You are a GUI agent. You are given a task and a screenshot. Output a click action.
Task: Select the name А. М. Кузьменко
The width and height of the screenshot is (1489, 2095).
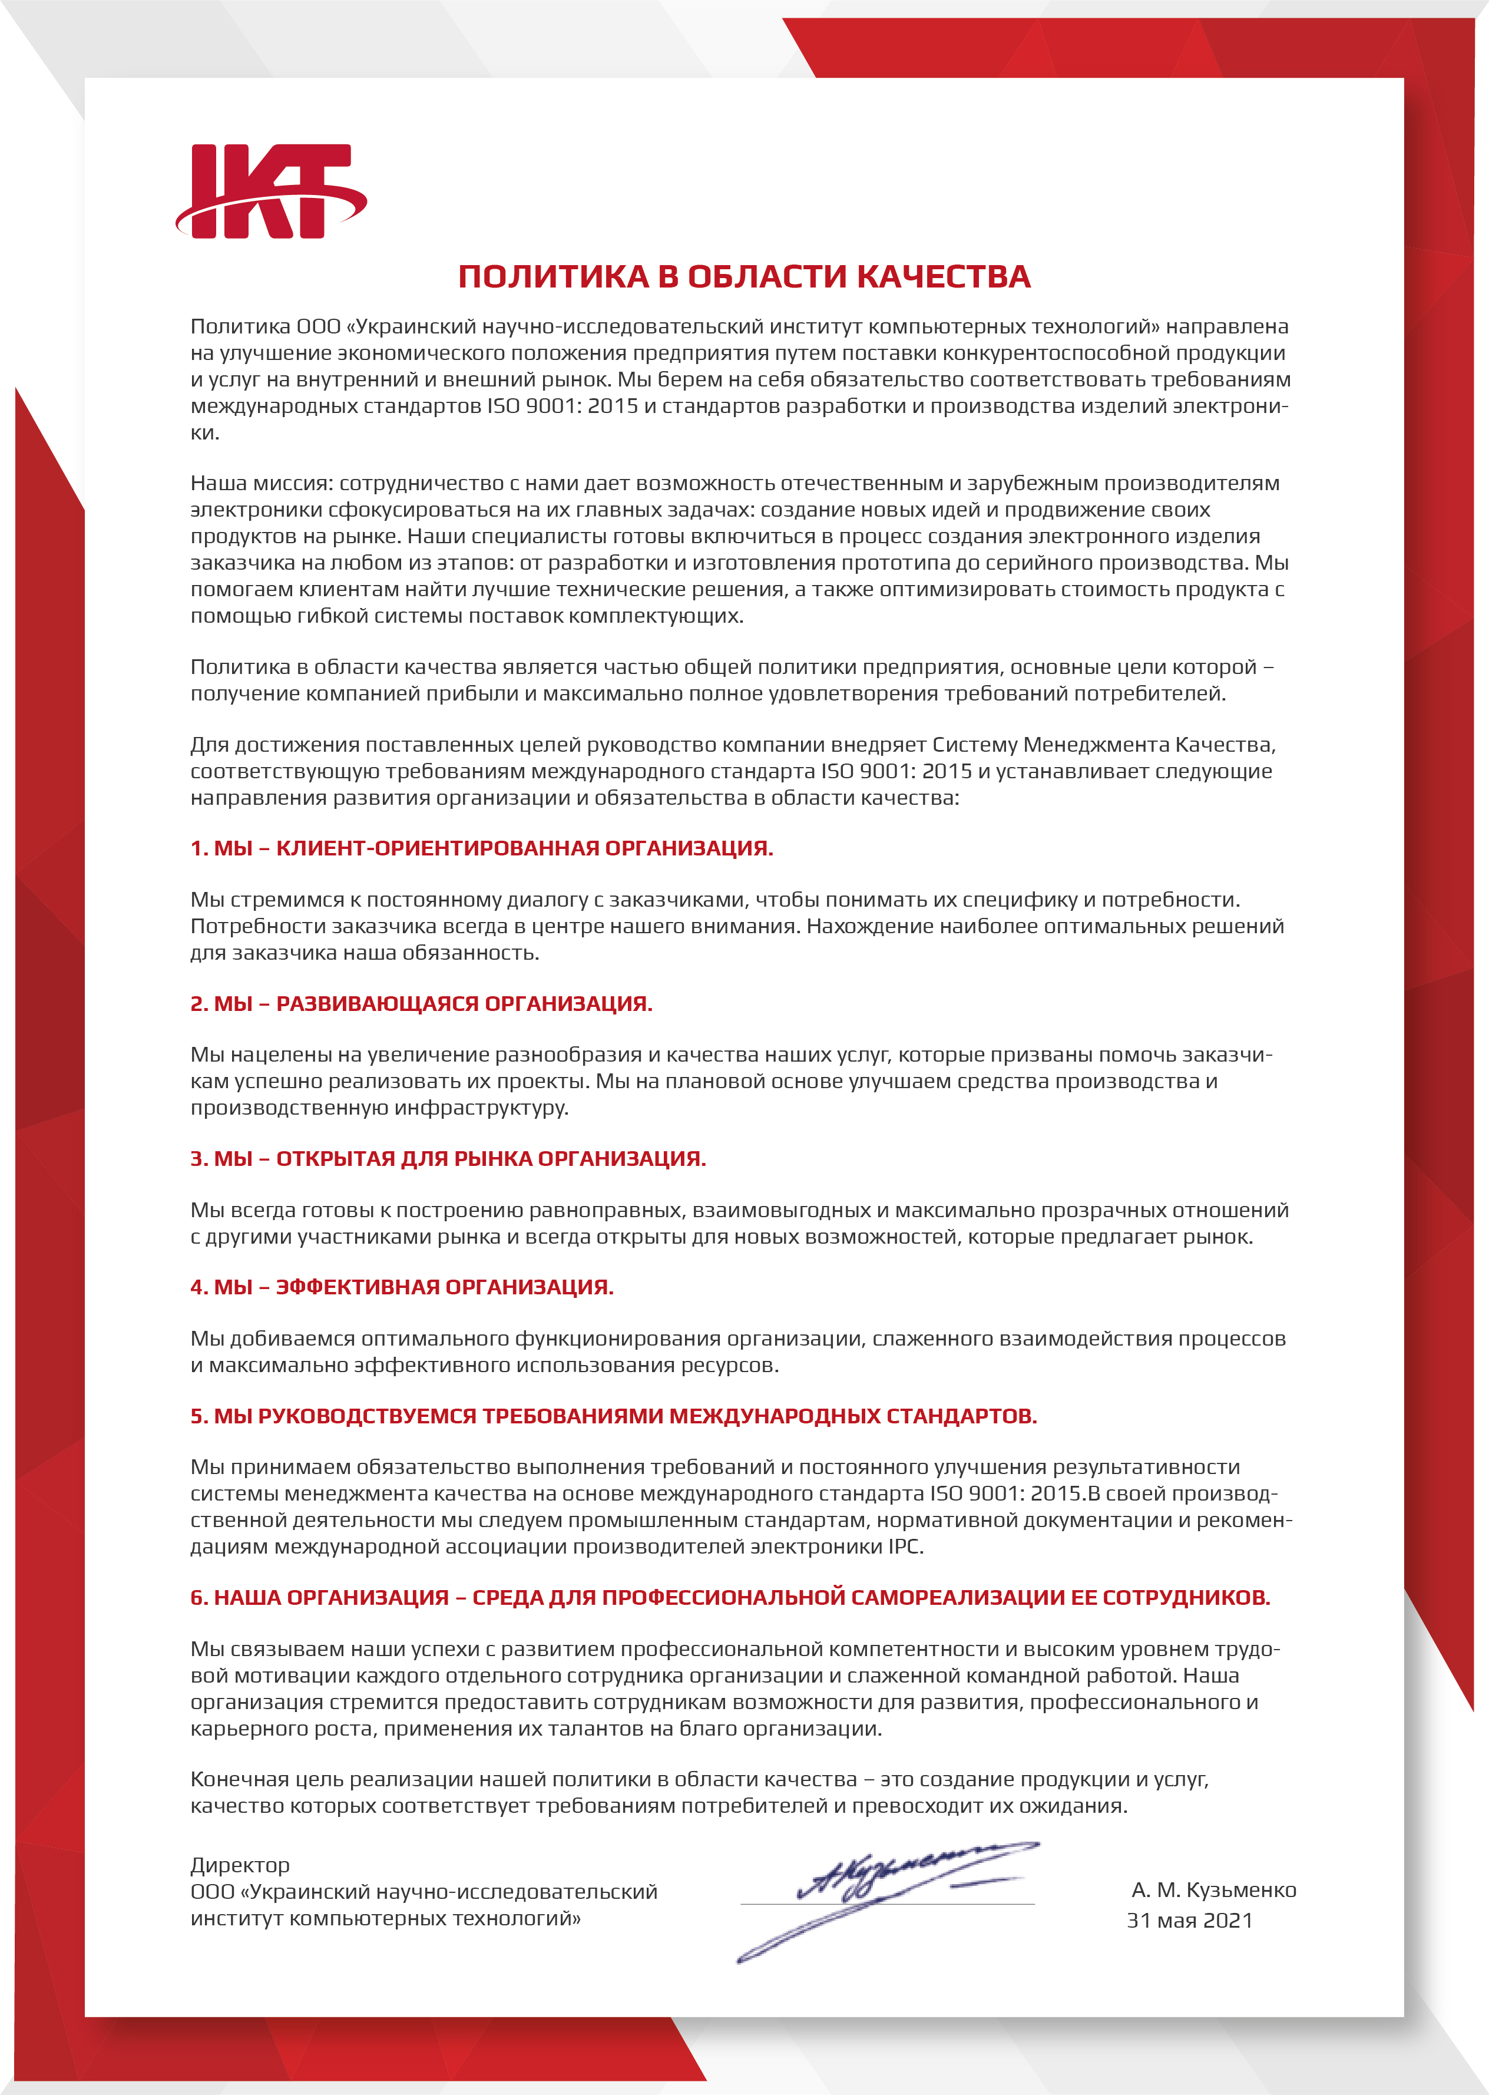[x=1213, y=1891]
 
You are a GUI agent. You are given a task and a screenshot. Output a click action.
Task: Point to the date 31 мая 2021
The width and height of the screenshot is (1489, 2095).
[x=1189, y=1921]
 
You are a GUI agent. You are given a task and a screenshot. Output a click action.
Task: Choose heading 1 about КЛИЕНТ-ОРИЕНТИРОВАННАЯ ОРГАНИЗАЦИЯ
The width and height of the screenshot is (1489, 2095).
[x=481, y=848]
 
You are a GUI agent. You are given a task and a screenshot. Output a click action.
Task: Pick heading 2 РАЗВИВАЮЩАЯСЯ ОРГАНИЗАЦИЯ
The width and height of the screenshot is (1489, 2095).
[x=421, y=1004]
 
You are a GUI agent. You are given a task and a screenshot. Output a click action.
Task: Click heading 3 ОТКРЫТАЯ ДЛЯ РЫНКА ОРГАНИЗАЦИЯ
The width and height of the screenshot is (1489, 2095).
[x=448, y=1159]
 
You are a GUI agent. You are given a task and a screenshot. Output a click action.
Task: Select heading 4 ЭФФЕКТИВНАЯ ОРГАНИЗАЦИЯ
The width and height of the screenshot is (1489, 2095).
[x=402, y=1287]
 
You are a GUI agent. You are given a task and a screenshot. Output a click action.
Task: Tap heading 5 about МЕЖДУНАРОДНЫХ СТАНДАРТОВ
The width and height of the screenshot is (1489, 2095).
[x=613, y=1416]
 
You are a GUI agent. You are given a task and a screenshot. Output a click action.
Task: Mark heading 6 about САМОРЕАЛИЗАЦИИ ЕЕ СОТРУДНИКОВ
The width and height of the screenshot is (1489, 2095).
[x=730, y=1597]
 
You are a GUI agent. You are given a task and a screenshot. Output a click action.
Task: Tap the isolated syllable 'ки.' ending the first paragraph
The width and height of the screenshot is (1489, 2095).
[x=204, y=433]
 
